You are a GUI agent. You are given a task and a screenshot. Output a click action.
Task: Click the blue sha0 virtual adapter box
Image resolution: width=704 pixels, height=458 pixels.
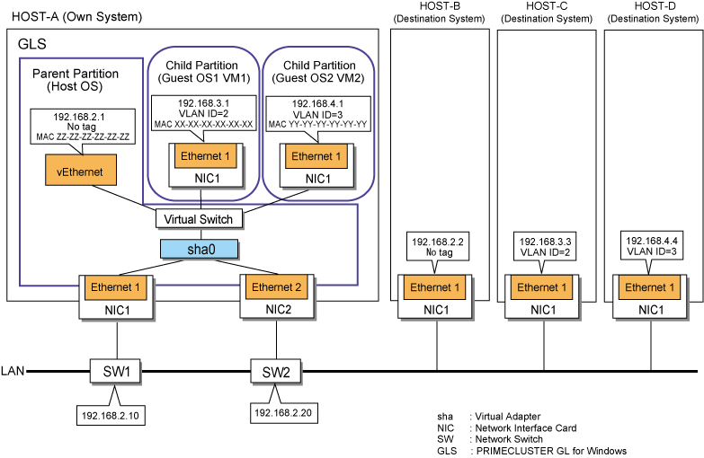click(x=200, y=249)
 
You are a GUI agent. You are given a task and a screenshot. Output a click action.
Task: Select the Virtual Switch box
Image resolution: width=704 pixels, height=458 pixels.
click(x=199, y=219)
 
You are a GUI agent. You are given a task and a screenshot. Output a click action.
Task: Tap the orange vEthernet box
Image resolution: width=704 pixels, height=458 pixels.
click(x=81, y=170)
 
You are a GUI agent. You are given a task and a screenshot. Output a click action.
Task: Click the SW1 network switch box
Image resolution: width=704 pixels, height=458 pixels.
click(x=115, y=372)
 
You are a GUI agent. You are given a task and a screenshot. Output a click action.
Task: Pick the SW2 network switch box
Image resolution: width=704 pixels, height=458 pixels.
click(x=276, y=372)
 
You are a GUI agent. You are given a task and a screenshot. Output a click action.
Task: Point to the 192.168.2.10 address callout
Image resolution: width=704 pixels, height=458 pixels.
click(x=111, y=410)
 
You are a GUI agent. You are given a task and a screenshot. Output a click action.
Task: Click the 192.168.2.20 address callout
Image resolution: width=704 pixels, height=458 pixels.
click(x=283, y=408)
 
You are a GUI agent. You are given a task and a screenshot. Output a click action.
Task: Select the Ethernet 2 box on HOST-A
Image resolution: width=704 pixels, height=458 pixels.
click(x=277, y=287)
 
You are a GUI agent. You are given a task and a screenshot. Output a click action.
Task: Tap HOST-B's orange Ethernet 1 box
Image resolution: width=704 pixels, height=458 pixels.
click(x=434, y=287)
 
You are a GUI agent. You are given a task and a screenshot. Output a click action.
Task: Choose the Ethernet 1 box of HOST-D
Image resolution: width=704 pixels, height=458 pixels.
click(x=650, y=287)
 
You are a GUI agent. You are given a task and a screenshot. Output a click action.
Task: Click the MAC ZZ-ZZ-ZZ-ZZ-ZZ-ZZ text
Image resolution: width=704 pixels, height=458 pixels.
click(x=83, y=137)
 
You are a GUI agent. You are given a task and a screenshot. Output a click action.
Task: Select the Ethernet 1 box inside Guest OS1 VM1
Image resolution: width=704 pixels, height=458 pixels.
click(x=205, y=156)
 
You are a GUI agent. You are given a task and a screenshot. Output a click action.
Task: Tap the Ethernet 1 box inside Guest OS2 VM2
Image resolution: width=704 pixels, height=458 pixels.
click(x=316, y=156)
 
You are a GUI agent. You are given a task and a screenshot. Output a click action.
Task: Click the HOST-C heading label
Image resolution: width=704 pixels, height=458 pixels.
click(x=547, y=6)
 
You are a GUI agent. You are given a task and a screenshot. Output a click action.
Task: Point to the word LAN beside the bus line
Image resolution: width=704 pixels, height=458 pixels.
click(x=13, y=371)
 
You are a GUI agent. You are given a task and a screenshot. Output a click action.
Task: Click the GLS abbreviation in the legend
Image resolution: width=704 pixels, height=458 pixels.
click(x=447, y=451)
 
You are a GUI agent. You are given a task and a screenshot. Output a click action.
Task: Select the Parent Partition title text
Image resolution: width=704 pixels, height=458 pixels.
click(x=76, y=74)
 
